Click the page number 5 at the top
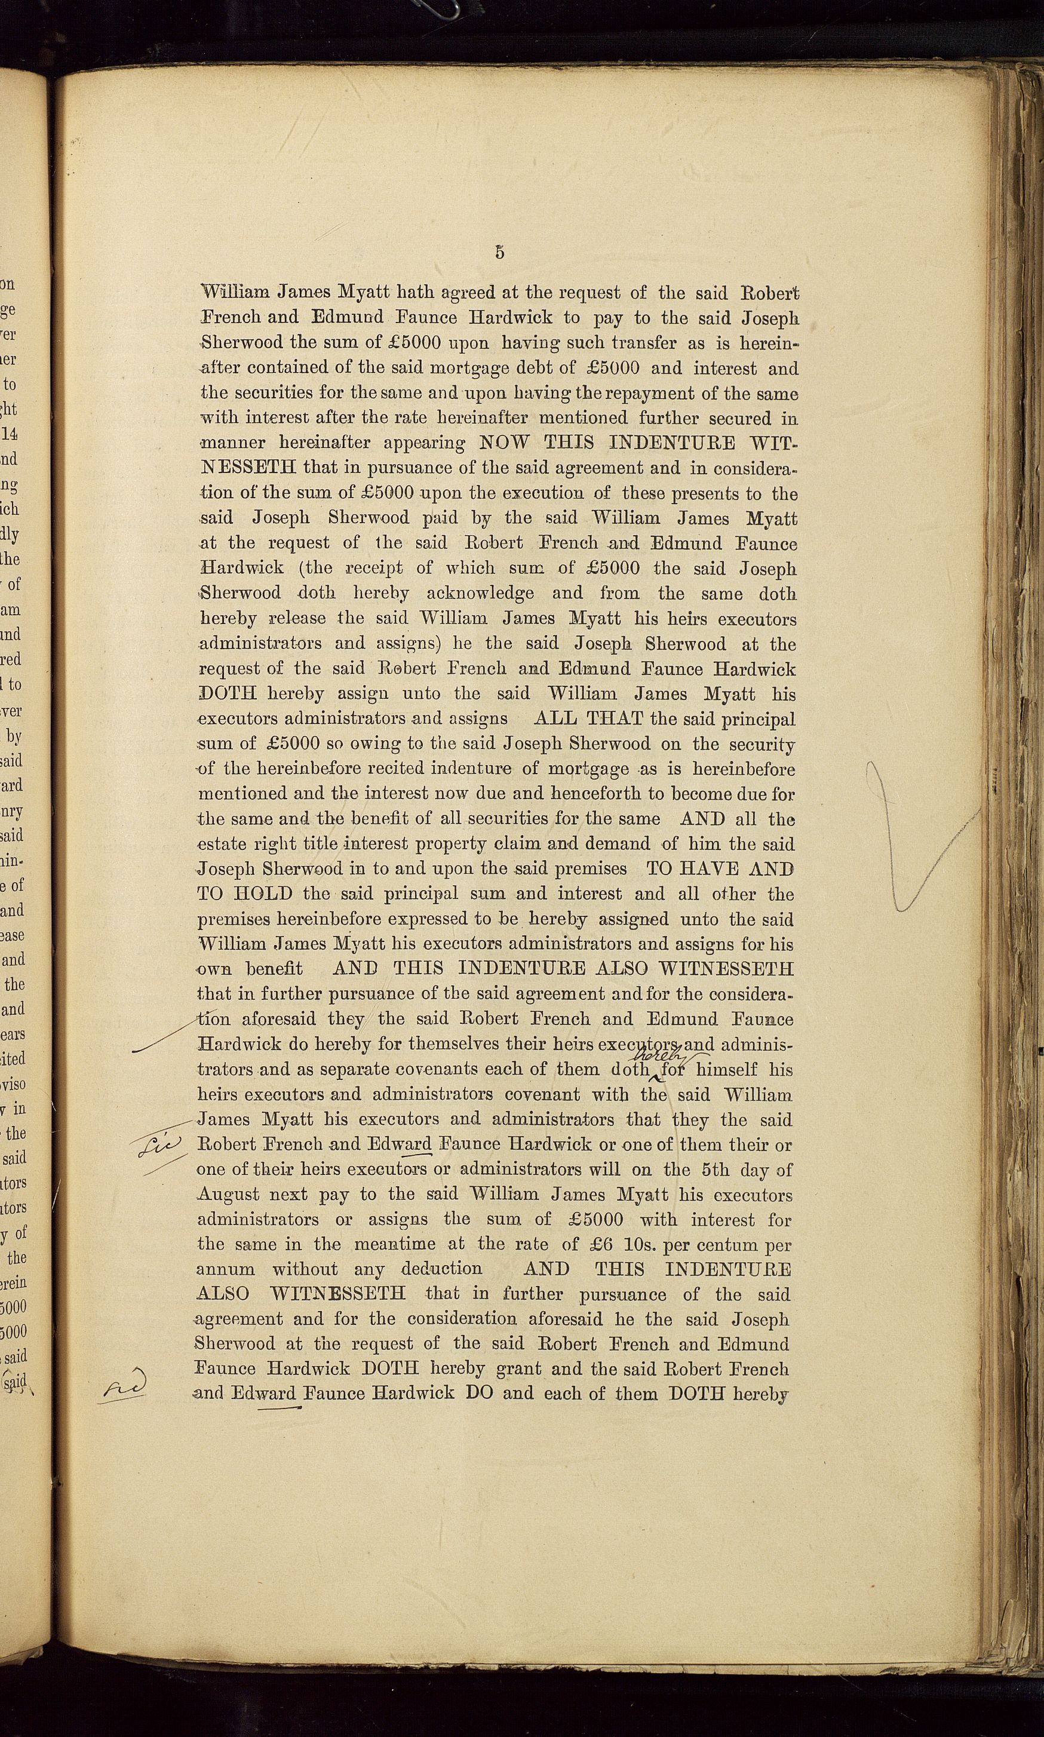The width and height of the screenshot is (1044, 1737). pos(499,253)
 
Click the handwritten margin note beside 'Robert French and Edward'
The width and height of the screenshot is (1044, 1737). pos(159,1147)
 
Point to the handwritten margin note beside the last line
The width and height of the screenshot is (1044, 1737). pos(124,1384)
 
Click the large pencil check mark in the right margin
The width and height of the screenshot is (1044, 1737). pos(914,837)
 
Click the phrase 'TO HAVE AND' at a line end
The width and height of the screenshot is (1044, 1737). pos(720,869)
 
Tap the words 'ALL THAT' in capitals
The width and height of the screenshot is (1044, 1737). pos(588,719)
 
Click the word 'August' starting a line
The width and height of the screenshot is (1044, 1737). pos(229,1195)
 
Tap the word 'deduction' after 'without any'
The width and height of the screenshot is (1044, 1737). pos(442,1269)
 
